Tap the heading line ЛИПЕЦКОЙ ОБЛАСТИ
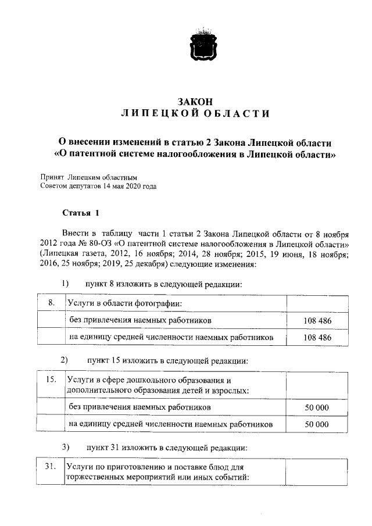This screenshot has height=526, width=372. tap(195, 113)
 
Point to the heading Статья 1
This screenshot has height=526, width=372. tap(81, 213)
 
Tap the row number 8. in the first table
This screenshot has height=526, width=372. tap(51, 303)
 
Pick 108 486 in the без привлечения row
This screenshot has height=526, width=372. tap(317, 320)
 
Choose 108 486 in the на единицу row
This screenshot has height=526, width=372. tap(317, 337)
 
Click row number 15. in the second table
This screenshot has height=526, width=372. tap(51, 380)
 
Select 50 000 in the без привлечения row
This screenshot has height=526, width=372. tap(317, 407)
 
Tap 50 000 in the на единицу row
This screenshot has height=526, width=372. tap(317, 424)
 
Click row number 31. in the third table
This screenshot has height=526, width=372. tap(51, 466)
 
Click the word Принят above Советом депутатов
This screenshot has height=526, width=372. tap(52, 177)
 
